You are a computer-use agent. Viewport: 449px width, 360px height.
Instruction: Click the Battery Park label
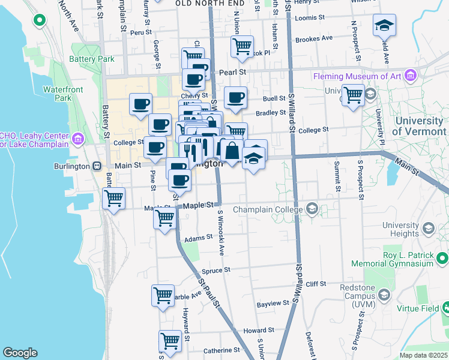tap(91, 59)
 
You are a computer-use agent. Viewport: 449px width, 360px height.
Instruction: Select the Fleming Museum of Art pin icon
tap(411, 76)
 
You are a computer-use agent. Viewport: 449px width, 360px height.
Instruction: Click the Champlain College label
tap(268, 209)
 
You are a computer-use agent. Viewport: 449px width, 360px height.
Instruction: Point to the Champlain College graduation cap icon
tap(312, 209)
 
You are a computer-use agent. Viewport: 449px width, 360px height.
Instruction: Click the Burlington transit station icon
tap(96, 166)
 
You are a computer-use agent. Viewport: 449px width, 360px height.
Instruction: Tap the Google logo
tap(20, 353)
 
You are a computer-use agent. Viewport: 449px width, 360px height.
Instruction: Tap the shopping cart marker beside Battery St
tap(113, 197)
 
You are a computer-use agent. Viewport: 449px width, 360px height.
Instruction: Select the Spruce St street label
tap(217, 270)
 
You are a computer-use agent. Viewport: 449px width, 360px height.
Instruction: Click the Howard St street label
tap(259, 330)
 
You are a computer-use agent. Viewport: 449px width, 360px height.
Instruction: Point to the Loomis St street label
tap(310, 17)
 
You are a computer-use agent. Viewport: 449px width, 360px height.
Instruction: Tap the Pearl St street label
tap(234, 71)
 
